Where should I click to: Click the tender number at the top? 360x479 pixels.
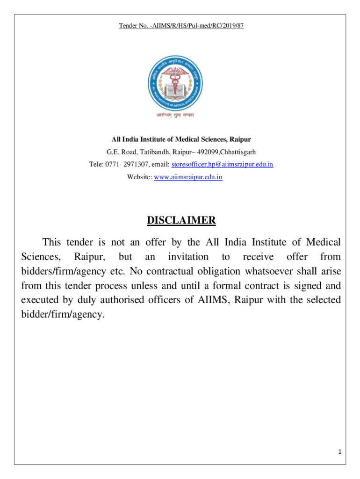(181, 25)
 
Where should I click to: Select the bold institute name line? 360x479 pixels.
(181, 139)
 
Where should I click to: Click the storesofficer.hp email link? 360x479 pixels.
(223, 165)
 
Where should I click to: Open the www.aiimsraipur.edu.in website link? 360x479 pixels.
(188, 177)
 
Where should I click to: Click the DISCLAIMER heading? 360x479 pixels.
(181, 220)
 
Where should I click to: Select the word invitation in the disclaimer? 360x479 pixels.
(188, 257)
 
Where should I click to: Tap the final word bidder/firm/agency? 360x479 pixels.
(61, 314)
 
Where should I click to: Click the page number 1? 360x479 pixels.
(340, 451)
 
